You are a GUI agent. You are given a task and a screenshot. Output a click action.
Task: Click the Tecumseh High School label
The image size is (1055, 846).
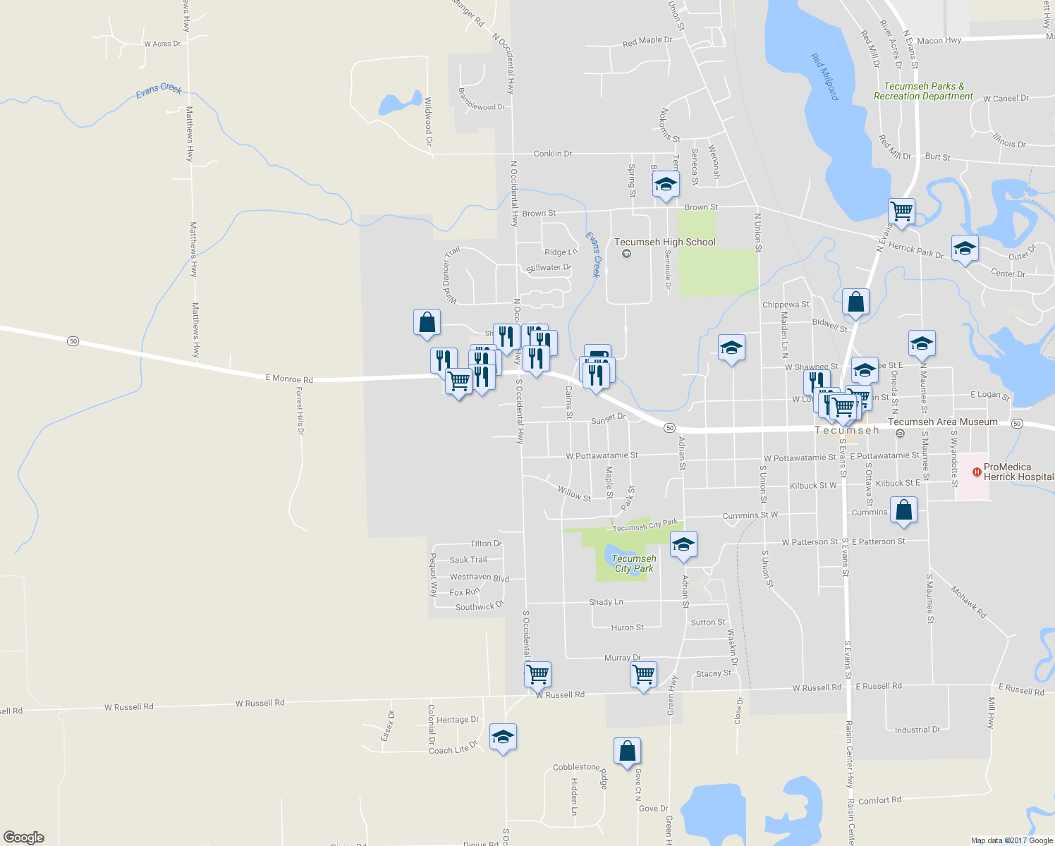(x=664, y=243)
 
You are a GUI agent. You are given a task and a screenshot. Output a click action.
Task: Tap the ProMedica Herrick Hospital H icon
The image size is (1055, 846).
(x=977, y=472)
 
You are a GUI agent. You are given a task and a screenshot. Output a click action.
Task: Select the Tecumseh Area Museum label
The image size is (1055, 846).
(x=942, y=422)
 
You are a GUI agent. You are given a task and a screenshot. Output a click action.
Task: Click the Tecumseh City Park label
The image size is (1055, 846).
(x=633, y=563)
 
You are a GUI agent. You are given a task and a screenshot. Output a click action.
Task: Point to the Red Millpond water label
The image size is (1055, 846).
(x=824, y=77)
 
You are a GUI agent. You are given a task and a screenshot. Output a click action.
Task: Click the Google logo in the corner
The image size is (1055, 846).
(x=23, y=838)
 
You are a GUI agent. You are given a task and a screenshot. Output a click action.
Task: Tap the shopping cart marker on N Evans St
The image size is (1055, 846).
(x=901, y=210)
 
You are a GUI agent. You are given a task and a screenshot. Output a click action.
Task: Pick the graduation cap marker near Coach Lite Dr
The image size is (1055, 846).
(x=502, y=737)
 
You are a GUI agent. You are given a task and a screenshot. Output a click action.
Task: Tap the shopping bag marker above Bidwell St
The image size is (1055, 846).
(x=855, y=302)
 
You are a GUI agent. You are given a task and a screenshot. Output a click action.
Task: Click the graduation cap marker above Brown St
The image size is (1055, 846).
(x=665, y=185)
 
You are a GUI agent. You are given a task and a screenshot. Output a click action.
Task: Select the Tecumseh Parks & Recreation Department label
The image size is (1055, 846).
(x=923, y=91)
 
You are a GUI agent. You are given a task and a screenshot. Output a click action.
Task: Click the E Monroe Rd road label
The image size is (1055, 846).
(x=289, y=379)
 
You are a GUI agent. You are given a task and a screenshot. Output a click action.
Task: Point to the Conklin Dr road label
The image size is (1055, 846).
(x=552, y=154)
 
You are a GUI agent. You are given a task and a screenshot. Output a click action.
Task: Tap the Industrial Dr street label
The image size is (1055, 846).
(x=917, y=730)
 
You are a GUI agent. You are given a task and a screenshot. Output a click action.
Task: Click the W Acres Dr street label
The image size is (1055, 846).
(x=162, y=44)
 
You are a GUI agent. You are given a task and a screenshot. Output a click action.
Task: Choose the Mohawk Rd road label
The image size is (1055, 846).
(x=968, y=601)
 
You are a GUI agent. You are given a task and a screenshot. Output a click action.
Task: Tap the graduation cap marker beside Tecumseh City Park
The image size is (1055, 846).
(x=683, y=544)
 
